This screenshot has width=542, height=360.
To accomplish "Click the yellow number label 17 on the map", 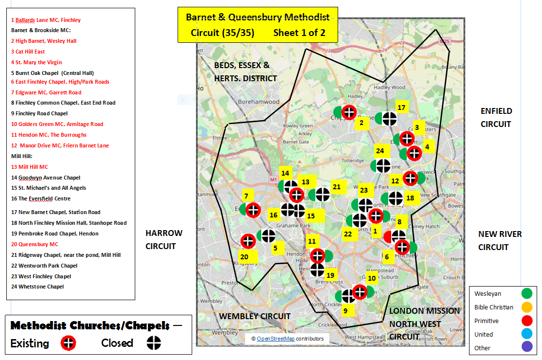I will pyautogui.click(x=401, y=108).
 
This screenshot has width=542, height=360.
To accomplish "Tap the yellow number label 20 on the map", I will pyautogui.click(x=244, y=256).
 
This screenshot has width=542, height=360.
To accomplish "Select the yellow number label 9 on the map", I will pyautogui.click(x=345, y=310).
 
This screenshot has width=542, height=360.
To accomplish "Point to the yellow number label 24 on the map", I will pyautogui.click(x=379, y=151).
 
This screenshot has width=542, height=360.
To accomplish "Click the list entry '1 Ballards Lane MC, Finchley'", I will pyautogui.click(x=46, y=20).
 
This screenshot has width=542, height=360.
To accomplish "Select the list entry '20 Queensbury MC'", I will pyautogui.click(x=35, y=244).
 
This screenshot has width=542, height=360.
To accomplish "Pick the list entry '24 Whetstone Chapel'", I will pyautogui.click(x=38, y=287).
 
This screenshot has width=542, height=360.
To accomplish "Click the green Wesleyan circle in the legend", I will pyautogui.click(x=526, y=293).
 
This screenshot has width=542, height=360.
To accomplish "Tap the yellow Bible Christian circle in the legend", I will pyautogui.click(x=526, y=307).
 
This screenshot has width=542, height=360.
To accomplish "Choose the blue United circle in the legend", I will pyautogui.click(x=526, y=334).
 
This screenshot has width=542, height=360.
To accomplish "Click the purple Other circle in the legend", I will pyautogui.click(x=526, y=347).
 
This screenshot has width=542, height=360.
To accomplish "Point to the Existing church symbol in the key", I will pyautogui.click(x=69, y=343).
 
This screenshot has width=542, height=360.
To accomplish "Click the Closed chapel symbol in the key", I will pyautogui.click(x=154, y=343).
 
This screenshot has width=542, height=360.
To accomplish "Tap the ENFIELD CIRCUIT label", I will pyautogui.click(x=496, y=117).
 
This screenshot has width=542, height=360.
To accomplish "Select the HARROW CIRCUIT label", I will pyautogui.click(x=164, y=239).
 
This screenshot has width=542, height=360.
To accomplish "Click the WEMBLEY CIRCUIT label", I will pyautogui.click(x=254, y=316).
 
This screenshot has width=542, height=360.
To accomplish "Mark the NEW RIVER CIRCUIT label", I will pyautogui.click(x=500, y=240).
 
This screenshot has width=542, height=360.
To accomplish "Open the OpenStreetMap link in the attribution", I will pyautogui.click(x=275, y=339).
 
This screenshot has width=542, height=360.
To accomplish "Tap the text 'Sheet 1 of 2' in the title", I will pyautogui.click(x=299, y=33).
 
